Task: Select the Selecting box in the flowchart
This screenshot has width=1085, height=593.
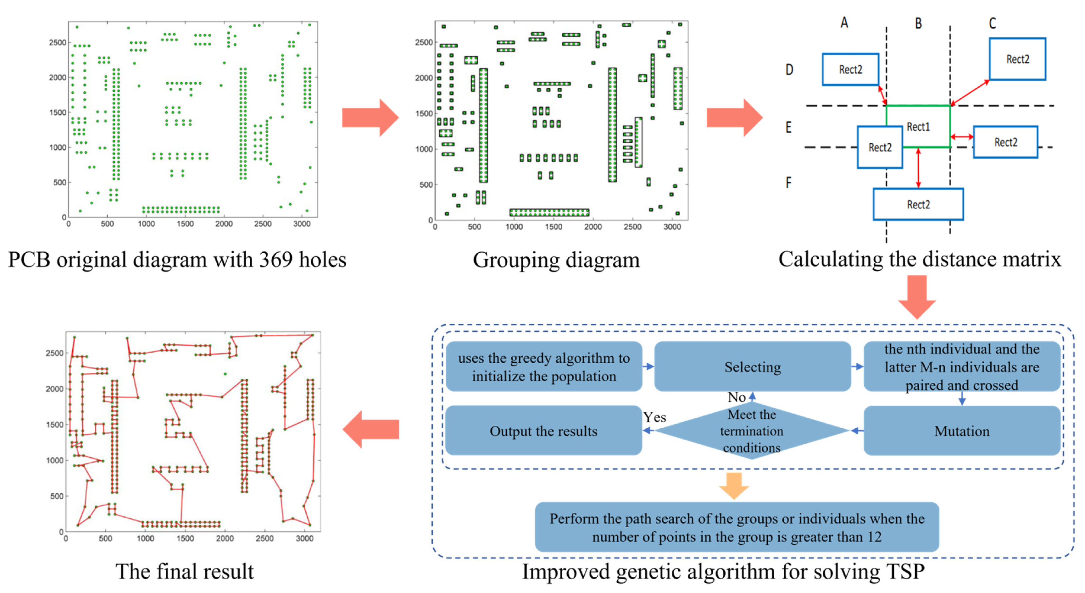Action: pyautogui.click(x=752, y=366)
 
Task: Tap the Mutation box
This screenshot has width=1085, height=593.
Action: pyautogui.click(x=962, y=431)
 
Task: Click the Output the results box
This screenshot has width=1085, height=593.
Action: pyautogui.click(x=543, y=431)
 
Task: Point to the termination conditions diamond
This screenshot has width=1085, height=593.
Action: pyautogui.click(x=752, y=431)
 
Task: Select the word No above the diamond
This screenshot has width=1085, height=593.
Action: pyautogui.click(x=736, y=397)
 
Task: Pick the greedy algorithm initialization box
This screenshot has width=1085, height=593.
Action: pyautogui.click(x=543, y=366)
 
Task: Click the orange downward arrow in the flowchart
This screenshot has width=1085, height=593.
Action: pyautogui.click(x=734, y=486)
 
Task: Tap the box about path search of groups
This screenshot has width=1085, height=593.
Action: pyautogui.click(x=737, y=527)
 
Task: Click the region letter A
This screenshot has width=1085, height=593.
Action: pyautogui.click(x=844, y=22)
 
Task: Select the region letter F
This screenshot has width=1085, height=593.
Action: pyautogui.click(x=788, y=182)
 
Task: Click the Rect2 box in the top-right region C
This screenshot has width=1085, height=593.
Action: pyautogui.click(x=1017, y=59)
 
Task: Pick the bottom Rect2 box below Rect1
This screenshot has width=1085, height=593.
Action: pyautogui.click(x=918, y=204)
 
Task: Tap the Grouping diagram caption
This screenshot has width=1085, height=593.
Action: pyautogui.click(x=556, y=260)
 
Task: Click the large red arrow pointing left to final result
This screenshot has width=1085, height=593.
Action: pyautogui.click(x=371, y=429)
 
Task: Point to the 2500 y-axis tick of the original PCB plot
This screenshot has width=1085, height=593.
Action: pyautogui.click(x=57, y=42)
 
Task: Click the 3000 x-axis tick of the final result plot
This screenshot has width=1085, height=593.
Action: pyautogui.click(x=304, y=538)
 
